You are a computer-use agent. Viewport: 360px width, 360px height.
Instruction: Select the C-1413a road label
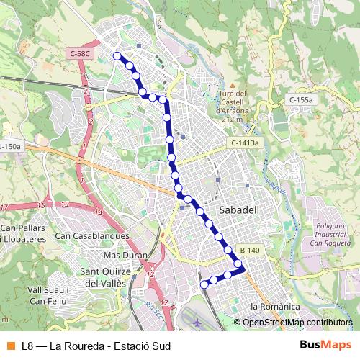click(245, 144)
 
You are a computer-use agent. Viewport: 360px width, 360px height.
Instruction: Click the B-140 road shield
click(249, 250)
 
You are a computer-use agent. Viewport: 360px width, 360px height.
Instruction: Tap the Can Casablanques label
click(92, 235)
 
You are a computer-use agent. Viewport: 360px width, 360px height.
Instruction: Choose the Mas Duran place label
click(125, 256)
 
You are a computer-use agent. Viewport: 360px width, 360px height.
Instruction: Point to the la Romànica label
click(274, 307)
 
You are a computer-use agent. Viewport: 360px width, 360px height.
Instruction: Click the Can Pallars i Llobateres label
click(24, 233)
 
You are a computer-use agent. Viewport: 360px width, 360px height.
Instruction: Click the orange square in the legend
click(10, 345)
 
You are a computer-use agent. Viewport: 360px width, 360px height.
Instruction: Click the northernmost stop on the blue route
click(117, 55)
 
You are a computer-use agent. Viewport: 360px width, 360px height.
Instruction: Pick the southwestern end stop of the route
click(204, 284)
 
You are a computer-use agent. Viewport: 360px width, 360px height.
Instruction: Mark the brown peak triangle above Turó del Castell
click(232, 85)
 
